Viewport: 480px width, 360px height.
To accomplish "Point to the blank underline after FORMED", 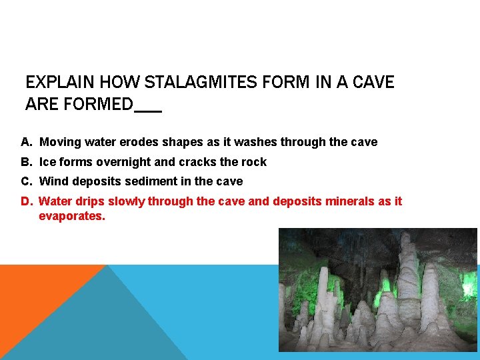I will (148, 110).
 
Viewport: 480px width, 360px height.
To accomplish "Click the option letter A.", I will (26, 142).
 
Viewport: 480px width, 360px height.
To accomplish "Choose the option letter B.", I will (26, 162).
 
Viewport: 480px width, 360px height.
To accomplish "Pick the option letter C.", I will (26, 181).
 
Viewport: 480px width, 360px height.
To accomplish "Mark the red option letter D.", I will (26, 201).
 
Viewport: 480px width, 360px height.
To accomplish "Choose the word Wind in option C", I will (53, 181).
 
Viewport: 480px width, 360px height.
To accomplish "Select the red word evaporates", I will (71, 216).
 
